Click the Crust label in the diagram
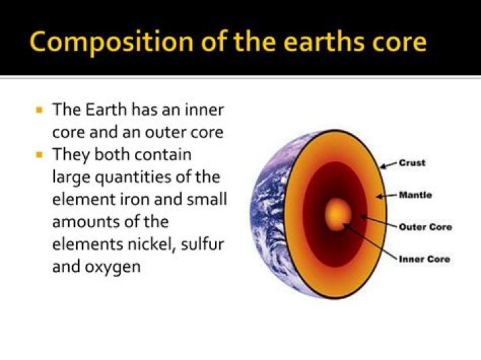412,162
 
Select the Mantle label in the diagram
415,195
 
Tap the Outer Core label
425,226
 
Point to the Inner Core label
424,258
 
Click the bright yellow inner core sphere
337,214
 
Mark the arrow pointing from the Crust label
389,164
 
